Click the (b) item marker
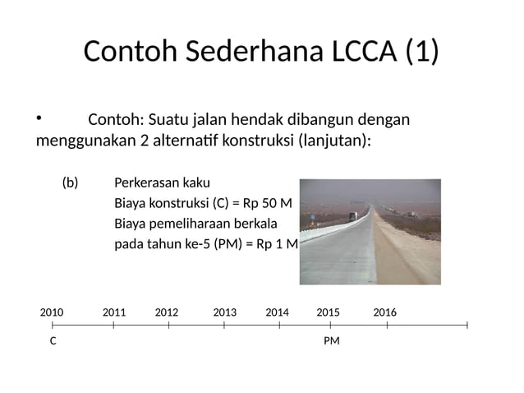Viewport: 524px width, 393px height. pyautogui.click(x=71, y=183)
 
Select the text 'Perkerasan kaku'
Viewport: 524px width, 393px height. pyautogui.click(x=156, y=183)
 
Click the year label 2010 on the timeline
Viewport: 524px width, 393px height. pyautogui.click(x=52, y=312)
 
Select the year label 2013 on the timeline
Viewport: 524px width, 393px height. pyautogui.click(x=224, y=312)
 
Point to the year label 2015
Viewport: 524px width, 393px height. pyautogui.click(x=328, y=312)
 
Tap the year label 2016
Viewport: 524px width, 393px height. pyautogui.click(x=384, y=312)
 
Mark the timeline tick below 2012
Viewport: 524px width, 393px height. pyautogui.click(x=169, y=326)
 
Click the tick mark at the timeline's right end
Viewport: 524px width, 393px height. pyautogui.click(x=467, y=326)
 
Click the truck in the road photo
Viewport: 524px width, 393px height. pyautogui.click(x=353, y=216)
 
